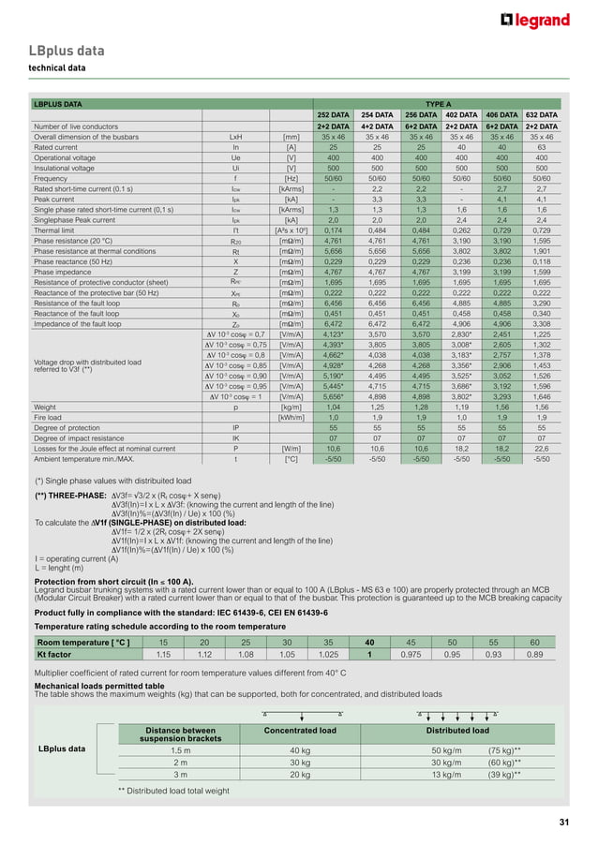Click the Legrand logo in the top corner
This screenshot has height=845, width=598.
[536, 21]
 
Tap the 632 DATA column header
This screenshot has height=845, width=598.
[541, 115]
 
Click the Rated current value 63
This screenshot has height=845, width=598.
[541, 147]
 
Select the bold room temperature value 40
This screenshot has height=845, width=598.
[369, 642]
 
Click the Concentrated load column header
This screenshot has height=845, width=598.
[300, 731]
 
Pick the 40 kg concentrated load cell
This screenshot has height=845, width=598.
[300, 751]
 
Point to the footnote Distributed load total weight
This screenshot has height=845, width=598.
[179, 792]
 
